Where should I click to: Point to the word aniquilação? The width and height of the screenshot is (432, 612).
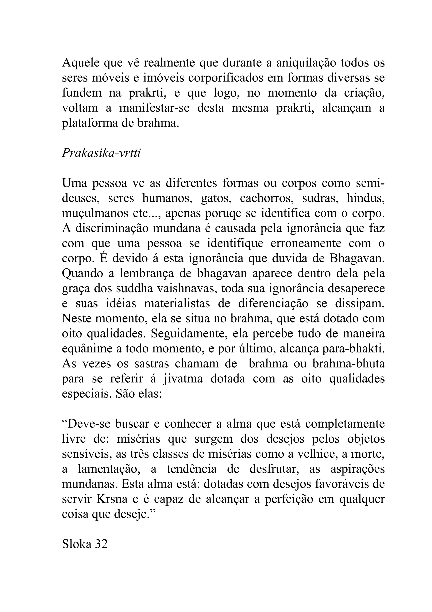tap(306, 63)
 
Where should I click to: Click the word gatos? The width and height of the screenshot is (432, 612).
tap(216, 199)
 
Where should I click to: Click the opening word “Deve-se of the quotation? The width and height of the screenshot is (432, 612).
tap(86, 424)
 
